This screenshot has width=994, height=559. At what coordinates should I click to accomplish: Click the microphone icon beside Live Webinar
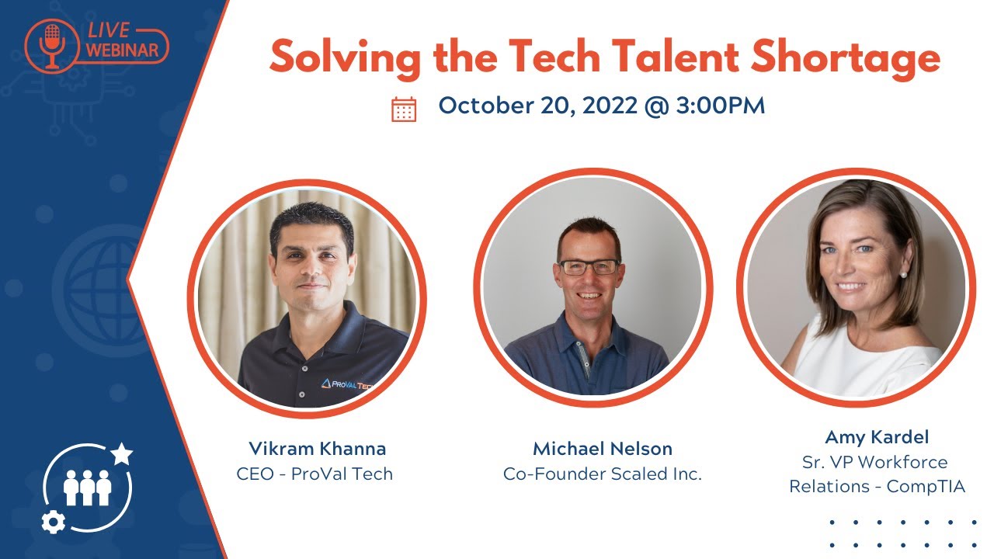click(52, 44)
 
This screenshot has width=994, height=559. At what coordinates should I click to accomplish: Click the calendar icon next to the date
click(404, 109)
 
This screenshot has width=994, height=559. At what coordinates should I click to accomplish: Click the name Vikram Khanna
click(317, 449)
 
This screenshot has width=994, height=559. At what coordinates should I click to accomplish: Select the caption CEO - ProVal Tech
click(315, 474)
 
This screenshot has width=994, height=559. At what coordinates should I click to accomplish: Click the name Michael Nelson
click(603, 449)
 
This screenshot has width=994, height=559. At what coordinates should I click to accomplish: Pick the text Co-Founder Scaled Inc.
click(603, 474)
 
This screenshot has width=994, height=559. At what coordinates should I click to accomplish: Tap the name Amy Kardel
click(866, 436)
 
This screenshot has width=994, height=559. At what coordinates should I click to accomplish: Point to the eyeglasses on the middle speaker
click(590, 266)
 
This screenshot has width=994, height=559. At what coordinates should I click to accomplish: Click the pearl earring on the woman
click(903, 273)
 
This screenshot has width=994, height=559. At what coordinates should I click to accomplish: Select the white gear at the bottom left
click(53, 523)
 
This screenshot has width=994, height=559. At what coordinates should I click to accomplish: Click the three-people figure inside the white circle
click(88, 487)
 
